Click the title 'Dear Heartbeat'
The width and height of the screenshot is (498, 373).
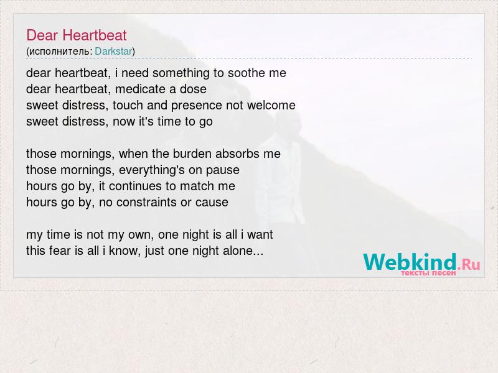[77, 35]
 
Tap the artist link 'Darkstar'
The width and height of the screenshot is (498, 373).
[113, 51]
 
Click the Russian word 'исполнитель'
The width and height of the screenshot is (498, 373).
[59, 52]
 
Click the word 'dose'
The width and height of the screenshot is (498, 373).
[193, 89]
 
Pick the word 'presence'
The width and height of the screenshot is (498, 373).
[196, 106]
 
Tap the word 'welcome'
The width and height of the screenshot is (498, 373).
[271, 105]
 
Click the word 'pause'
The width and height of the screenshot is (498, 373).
[223, 170]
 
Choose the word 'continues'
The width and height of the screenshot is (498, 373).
[135, 186]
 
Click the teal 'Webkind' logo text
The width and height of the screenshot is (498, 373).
[410, 262]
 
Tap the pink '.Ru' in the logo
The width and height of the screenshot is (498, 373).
[469, 264]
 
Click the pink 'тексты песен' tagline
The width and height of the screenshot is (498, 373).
[428, 273]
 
